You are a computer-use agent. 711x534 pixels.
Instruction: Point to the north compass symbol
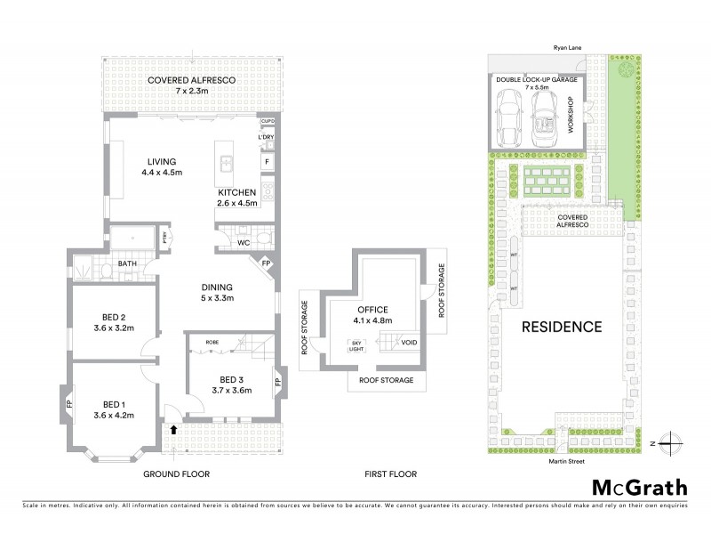673,442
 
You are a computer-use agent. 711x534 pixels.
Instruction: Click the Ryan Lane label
565,53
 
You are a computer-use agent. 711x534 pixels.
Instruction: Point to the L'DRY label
266,137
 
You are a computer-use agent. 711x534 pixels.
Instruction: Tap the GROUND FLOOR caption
176,474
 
